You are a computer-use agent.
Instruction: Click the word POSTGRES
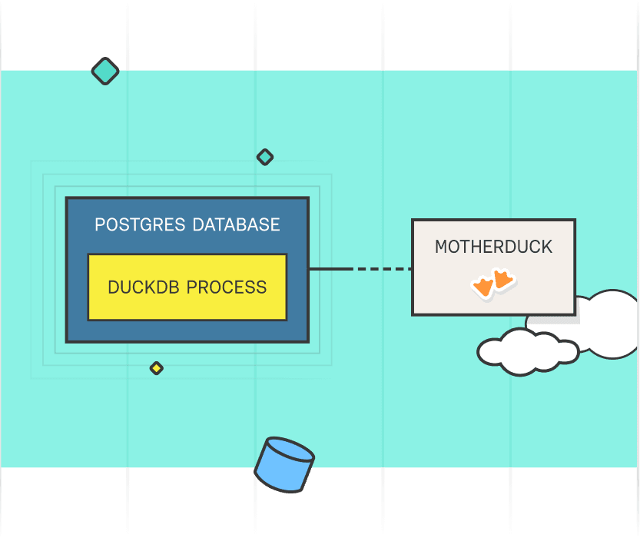click(x=141, y=225)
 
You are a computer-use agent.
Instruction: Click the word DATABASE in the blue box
click(x=236, y=225)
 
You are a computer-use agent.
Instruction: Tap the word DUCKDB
click(x=144, y=287)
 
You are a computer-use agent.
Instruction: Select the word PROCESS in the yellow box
click(x=227, y=287)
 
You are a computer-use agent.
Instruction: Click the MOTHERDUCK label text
click(x=493, y=247)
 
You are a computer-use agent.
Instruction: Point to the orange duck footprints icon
click(x=492, y=283)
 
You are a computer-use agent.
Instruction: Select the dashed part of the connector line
click(x=382, y=269)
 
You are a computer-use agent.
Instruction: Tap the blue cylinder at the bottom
click(x=284, y=467)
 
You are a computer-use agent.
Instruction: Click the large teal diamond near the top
click(x=105, y=71)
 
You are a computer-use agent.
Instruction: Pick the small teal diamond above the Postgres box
click(x=264, y=157)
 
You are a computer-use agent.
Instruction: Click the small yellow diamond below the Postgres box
click(x=156, y=368)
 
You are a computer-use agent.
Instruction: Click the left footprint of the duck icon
click(x=483, y=287)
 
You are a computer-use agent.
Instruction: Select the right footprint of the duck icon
click(x=503, y=278)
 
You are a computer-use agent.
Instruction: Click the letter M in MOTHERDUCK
click(x=441, y=247)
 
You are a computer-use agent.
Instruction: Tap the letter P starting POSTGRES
click(x=99, y=225)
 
